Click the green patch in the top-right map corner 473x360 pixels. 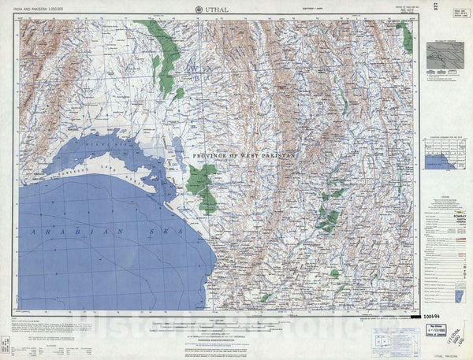coord(404,36)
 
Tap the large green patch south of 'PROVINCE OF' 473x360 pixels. coord(204,188)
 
